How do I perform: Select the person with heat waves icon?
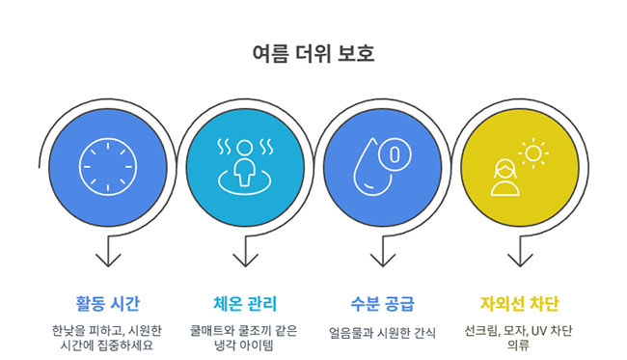coord(244,165)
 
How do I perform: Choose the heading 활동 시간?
coord(108,304)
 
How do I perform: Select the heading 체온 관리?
coord(245,304)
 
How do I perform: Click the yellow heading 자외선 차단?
coord(520,304)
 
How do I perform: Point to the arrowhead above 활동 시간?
coord(108,261)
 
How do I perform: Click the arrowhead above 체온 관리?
coord(245,261)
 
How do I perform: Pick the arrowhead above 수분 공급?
coord(383,261)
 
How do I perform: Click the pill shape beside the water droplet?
coord(395,152)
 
